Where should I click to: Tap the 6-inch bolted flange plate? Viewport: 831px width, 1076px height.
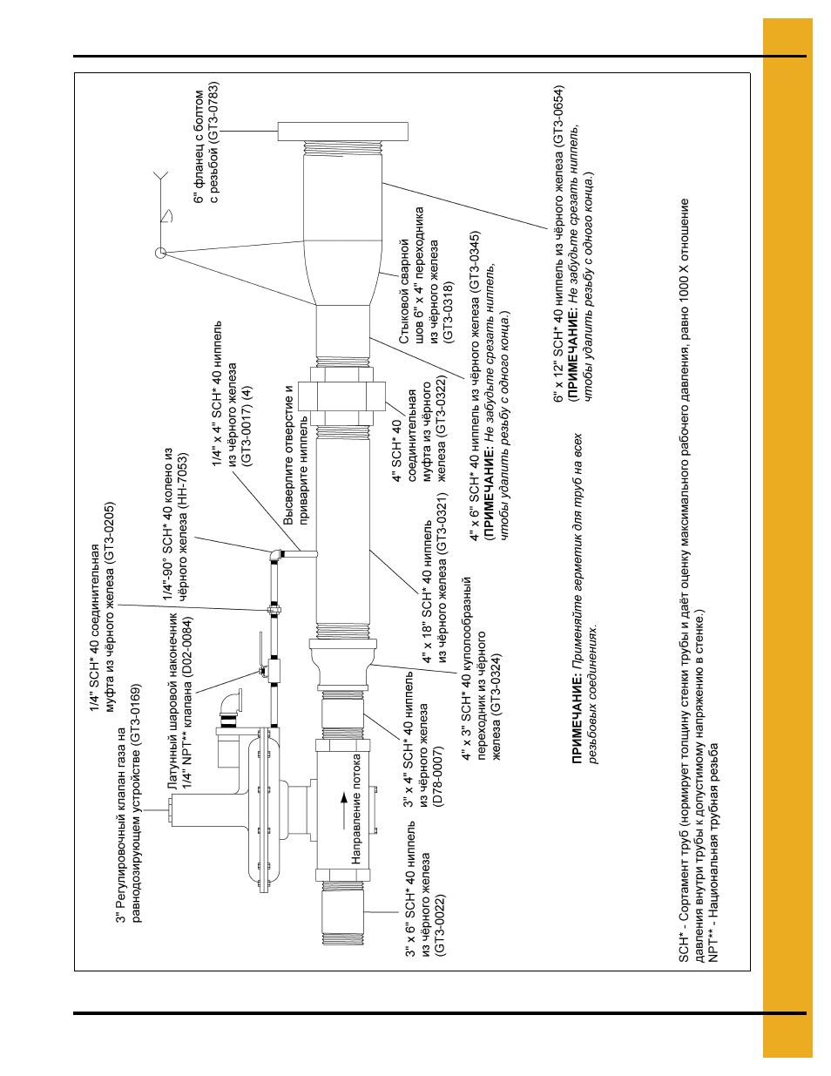(343, 132)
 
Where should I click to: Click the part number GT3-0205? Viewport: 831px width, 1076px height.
(110, 534)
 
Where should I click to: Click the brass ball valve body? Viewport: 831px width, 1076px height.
(274, 672)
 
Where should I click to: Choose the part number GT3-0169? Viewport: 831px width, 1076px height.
(137, 714)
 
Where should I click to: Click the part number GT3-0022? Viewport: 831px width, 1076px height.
(441, 925)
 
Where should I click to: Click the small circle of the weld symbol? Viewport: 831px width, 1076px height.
(160, 253)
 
